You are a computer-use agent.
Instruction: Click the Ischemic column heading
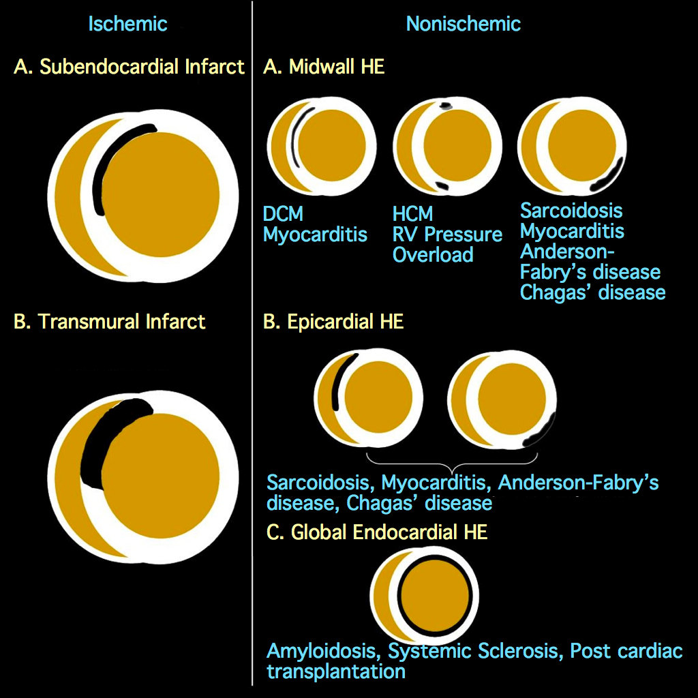(x=127, y=24)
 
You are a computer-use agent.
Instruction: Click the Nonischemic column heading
(x=463, y=24)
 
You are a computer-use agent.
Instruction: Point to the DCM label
(x=283, y=214)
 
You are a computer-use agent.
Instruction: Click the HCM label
(x=412, y=214)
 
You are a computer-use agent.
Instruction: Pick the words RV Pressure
(x=447, y=234)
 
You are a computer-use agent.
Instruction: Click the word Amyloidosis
(x=324, y=651)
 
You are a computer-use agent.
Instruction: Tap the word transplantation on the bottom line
(x=336, y=671)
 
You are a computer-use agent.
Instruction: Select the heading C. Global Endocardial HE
(x=377, y=532)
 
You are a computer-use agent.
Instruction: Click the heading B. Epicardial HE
(x=333, y=321)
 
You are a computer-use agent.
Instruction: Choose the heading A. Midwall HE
(x=324, y=67)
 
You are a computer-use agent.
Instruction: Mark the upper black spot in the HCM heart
(x=446, y=106)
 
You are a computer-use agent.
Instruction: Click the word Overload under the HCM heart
(x=433, y=255)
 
